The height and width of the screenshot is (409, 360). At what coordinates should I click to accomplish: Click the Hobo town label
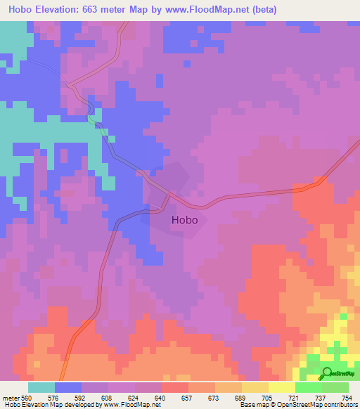(x=184, y=220)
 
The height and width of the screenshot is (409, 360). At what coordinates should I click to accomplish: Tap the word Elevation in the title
(x=61, y=10)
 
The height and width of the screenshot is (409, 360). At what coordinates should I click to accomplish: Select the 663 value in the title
(x=103, y=10)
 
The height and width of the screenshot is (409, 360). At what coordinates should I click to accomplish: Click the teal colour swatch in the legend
(x=41, y=387)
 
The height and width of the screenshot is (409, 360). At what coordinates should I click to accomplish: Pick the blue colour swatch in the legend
(x=68, y=387)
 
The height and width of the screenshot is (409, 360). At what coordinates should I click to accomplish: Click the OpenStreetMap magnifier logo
(x=327, y=372)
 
